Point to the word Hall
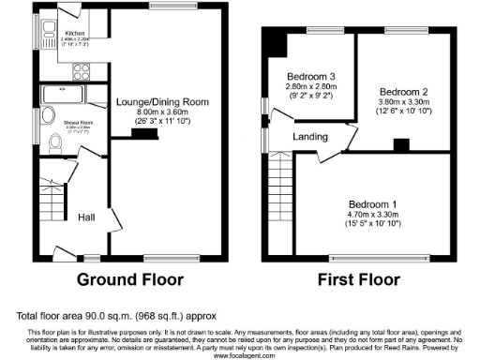pyautogui.click(x=86, y=217)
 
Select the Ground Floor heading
pyautogui.click(x=129, y=279)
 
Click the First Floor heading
pyautogui.click(x=360, y=279)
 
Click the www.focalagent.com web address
pyautogui.click(x=239, y=356)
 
